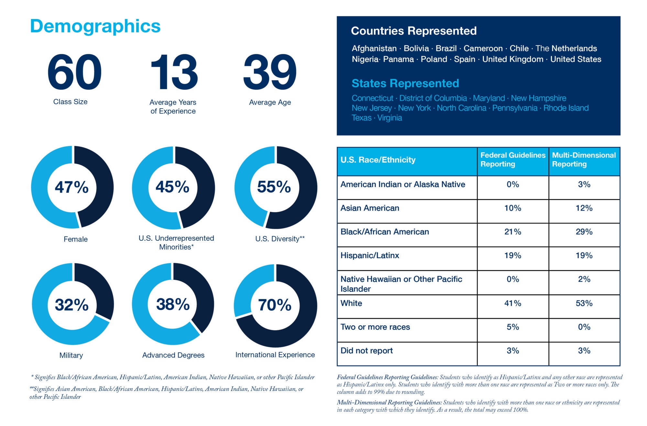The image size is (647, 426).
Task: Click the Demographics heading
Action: pos(95,26)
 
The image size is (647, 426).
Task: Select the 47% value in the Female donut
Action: pos(71,187)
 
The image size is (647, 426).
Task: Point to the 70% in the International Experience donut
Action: pos(275,305)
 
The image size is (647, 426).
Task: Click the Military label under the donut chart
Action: pos(71,355)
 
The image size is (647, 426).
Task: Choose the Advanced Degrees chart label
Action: pos(173,355)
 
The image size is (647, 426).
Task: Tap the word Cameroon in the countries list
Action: pos(483,48)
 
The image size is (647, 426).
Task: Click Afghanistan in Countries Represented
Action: pos(374,48)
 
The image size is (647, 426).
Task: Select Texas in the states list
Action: pos(361,118)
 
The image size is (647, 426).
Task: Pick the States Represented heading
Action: pos(405,83)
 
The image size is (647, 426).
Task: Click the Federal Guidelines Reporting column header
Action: pos(513,160)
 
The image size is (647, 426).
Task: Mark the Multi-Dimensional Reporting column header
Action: pos(584,160)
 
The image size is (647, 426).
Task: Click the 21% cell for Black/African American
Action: pos(513,232)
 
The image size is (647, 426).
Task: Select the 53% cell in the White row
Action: pos(584,303)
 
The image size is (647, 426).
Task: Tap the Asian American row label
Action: pos(370,208)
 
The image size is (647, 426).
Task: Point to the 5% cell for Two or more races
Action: pos(513,327)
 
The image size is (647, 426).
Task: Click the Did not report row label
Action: pos(367,351)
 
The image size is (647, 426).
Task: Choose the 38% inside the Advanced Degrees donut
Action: pos(173,304)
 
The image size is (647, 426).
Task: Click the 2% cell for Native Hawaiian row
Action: pos(584,279)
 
